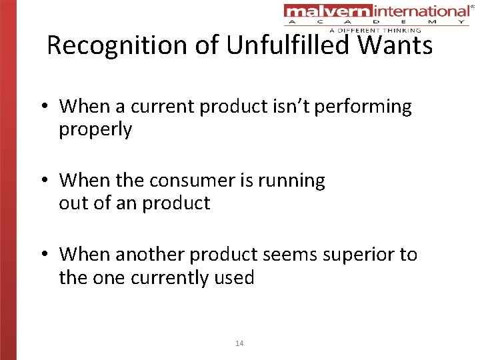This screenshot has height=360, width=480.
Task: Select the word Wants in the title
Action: coord(397,45)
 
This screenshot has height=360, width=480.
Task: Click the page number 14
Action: coord(239,343)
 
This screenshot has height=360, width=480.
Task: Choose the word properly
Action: coord(95,129)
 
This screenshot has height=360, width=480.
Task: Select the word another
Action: coord(150,255)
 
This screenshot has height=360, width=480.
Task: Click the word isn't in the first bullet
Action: coord(291,107)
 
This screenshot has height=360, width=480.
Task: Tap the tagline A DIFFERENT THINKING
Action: coord(375,30)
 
